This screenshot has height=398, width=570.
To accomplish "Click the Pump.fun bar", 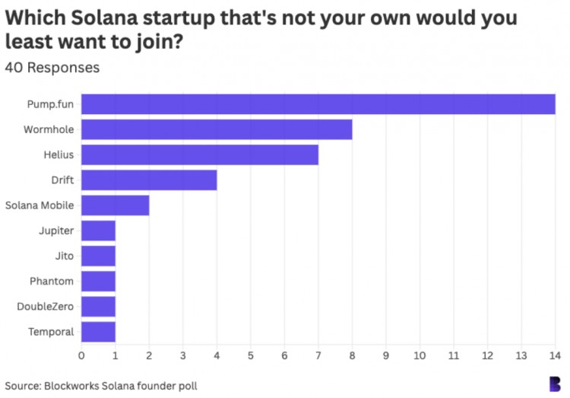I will click(x=318, y=104).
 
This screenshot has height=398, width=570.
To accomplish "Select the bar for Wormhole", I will click(x=217, y=129).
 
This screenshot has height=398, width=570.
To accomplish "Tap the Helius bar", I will click(x=200, y=154).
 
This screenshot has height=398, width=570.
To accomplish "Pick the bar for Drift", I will click(x=149, y=180).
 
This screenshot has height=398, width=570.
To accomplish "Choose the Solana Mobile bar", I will click(x=116, y=205).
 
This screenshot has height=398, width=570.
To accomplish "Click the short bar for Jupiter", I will click(x=98, y=231).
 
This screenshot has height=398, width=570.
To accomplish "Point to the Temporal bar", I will click(x=98, y=332).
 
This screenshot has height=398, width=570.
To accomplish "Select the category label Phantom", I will click(x=52, y=282).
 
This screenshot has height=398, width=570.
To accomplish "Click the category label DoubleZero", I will click(x=45, y=307).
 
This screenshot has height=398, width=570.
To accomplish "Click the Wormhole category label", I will click(x=48, y=129).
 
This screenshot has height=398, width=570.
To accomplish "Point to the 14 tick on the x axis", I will click(x=555, y=355).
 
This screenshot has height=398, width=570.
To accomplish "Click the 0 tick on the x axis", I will click(x=81, y=355).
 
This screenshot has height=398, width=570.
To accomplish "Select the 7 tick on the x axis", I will click(x=318, y=355).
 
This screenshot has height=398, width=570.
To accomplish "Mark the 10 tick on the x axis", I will click(x=420, y=355).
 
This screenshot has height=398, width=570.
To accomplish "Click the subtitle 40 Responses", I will click(x=52, y=68).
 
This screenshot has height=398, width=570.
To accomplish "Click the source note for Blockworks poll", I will click(x=101, y=385).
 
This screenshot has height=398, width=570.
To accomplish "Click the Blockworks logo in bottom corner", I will click(x=555, y=384).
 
